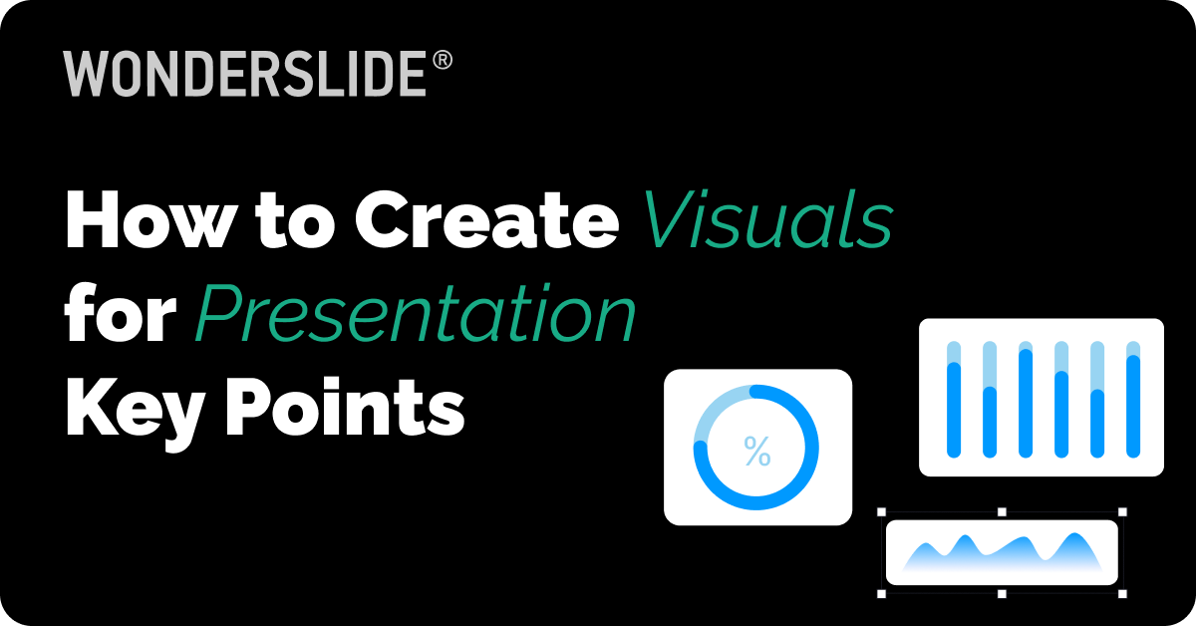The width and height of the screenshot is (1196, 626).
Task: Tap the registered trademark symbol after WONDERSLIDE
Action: click(443, 62)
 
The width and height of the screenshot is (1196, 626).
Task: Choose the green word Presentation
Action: click(415, 319)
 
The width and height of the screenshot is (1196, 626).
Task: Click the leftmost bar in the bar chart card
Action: click(954, 399)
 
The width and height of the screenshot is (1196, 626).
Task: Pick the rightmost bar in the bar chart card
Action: click(1133, 399)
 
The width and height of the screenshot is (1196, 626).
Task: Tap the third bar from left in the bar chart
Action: click(1026, 399)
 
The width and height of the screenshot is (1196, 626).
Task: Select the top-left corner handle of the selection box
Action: click(882, 512)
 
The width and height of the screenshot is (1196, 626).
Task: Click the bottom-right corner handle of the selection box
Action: click(1122, 594)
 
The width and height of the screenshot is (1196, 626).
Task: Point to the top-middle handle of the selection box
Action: click(1002, 512)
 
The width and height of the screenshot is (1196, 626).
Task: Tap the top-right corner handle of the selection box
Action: click(1122, 512)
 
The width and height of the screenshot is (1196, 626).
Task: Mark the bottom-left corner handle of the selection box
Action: click(882, 594)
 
